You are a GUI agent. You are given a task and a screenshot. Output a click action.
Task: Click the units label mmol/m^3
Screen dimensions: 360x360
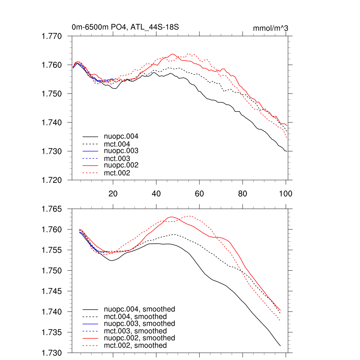coord(271,28)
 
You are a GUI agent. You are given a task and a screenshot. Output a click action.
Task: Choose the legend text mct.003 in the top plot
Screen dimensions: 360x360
coord(117,159)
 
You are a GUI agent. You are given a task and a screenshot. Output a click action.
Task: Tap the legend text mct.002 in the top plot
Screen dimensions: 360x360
coord(117,173)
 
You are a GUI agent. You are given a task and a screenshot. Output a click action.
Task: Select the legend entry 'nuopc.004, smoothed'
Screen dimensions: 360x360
coord(140,309)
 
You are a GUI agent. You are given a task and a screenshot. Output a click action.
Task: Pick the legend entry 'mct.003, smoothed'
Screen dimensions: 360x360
coord(135,331)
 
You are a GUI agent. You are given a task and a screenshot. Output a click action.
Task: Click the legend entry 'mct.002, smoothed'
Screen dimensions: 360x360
coord(135,346)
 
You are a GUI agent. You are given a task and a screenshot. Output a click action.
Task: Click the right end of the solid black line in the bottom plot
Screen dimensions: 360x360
coord(280,346)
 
